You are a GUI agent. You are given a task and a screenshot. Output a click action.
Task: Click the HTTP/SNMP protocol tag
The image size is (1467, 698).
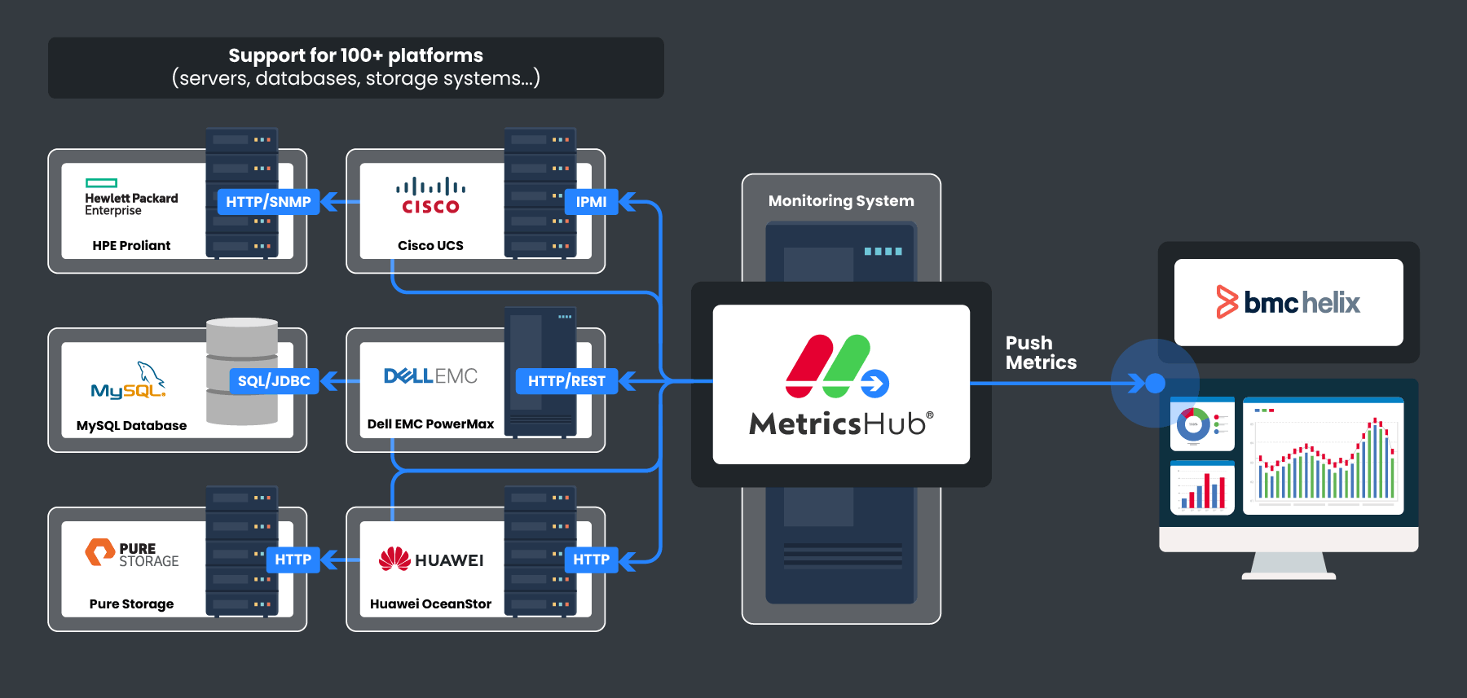click(x=268, y=202)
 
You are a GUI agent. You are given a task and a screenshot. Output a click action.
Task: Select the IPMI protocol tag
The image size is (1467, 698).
click(x=591, y=202)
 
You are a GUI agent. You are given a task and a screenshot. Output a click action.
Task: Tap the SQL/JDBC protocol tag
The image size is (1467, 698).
click(x=274, y=381)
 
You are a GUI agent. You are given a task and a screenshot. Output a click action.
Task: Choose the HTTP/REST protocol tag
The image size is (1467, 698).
click(x=566, y=381)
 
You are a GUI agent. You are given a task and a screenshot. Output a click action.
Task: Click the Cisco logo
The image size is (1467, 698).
click(x=430, y=196)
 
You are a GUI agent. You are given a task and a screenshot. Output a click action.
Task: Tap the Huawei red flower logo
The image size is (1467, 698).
click(x=394, y=560)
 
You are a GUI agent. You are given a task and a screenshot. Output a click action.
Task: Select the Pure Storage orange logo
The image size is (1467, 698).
click(x=100, y=552)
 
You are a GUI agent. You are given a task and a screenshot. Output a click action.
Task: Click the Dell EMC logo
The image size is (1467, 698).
click(x=430, y=376)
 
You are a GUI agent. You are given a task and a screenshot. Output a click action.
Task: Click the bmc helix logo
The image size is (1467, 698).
click(x=1288, y=302)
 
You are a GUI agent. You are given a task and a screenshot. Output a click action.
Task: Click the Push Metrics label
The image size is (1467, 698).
click(x=1041, y=353)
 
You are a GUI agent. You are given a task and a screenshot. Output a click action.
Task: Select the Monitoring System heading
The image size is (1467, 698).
click(x=841, y=201)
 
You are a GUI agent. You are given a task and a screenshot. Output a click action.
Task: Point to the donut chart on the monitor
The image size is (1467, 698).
click(x=1193, y=424)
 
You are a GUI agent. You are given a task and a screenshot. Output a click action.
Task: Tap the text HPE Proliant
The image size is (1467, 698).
click(x=131, y=246)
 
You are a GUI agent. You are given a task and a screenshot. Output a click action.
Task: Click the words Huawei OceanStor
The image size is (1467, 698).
click(x=430, y=604)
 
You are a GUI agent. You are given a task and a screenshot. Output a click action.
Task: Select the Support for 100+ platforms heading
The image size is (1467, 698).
click(x=355, y=55)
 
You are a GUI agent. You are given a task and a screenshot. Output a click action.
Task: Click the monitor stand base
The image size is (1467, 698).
click(x=1289, y=575)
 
